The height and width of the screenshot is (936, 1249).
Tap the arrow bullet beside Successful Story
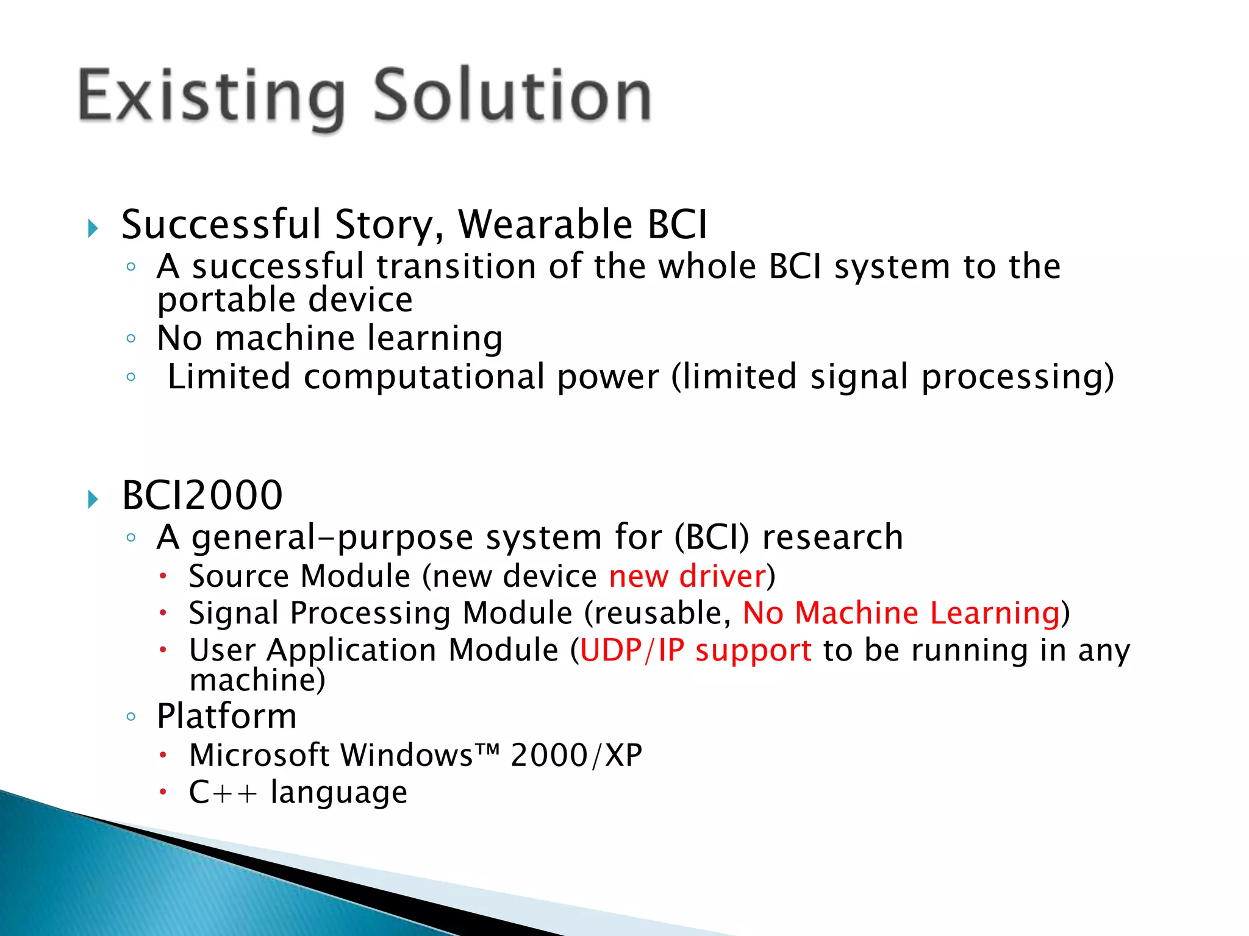[93, 229]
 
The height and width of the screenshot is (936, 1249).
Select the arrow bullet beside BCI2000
[93, 499]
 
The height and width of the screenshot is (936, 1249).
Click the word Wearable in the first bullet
[545, 224]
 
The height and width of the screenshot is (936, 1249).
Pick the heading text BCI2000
[202, 495]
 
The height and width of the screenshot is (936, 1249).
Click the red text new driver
[687, 576]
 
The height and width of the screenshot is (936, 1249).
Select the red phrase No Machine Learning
[901, 613]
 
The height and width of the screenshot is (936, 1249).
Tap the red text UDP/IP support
[695, 650]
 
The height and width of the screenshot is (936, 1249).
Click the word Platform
[226, 716]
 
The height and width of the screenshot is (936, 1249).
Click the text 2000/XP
[576, 756]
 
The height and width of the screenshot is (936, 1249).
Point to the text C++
[223, 793]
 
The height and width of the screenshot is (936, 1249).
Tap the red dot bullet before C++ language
[163, 792]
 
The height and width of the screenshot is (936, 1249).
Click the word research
[832, 537]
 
